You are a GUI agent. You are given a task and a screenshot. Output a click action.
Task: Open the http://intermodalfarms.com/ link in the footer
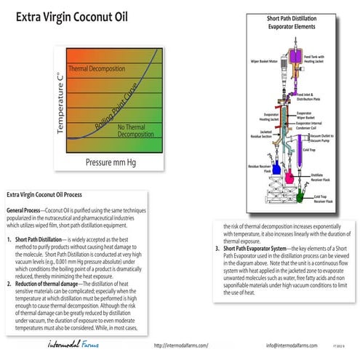click(181, 345)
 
